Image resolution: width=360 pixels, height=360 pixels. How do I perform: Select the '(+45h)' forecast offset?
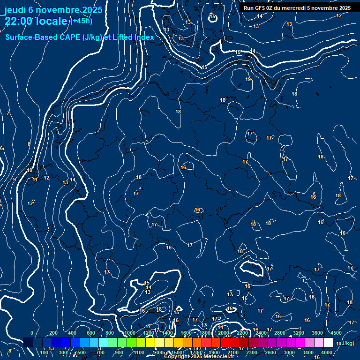click(x=81, y=21)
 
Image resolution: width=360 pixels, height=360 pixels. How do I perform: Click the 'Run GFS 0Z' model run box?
click(x=297, y=8)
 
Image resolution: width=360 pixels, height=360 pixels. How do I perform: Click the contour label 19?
click(x=248, y=80)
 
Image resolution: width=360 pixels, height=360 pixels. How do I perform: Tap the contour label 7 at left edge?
click(x=8, y=114)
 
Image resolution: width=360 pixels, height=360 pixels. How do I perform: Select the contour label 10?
click(x=30, y=171)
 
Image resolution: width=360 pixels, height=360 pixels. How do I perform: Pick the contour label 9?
click(x=15, y=180)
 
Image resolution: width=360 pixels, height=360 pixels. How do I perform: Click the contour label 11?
click(x=35, y=180)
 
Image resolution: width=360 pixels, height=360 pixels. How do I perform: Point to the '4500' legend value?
click(x=336, y=333)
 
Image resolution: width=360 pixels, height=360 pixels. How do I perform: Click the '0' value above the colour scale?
click(x=32, y=333)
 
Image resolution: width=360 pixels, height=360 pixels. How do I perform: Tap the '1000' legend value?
click(x=129, y=333)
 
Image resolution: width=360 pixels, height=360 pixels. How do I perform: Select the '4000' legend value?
click(x=327, y=352)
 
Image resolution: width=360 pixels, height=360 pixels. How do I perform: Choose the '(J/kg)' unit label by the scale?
click(x=347, y=344)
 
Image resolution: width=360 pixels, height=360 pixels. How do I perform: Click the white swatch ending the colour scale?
click(x=328, y=343)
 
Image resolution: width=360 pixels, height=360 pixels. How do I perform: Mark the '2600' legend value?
click(x=270, y=352)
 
